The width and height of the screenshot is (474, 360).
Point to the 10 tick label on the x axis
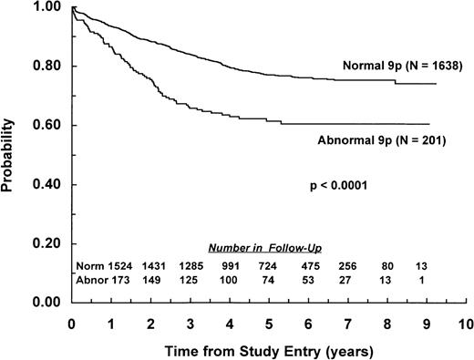(467, 324)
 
